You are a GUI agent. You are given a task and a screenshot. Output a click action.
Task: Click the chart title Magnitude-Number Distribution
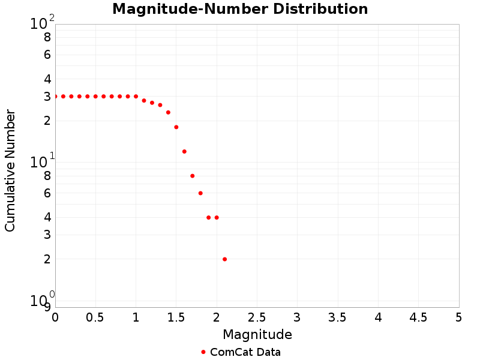click(240, 9)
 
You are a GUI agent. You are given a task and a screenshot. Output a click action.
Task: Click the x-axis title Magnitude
click(257, 334)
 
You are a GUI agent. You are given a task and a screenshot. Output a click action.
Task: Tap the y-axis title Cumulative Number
click(10, 170)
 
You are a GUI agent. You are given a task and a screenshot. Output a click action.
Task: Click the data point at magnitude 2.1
click(224, 259)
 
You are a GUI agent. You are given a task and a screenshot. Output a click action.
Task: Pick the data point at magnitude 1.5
click(176, 127)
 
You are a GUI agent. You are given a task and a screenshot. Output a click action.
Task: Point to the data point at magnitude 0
click(55, 97)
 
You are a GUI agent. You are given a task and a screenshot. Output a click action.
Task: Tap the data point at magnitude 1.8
click(200, 193)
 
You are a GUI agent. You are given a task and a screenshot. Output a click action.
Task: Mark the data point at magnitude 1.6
click(184, 152)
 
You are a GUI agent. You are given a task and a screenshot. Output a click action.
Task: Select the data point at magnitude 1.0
click(136, 97)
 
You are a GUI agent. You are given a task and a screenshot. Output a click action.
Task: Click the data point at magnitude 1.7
click(193, 176)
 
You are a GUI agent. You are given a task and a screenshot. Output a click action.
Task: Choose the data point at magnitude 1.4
click(168, 112)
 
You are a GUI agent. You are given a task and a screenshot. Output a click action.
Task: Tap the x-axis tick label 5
click(459, 317)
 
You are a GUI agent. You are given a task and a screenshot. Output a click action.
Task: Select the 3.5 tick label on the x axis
click(338, 317)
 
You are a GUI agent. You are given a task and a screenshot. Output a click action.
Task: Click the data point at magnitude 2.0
click(217, 218)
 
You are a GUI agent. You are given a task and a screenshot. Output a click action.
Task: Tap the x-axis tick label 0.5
click(95, 317)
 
